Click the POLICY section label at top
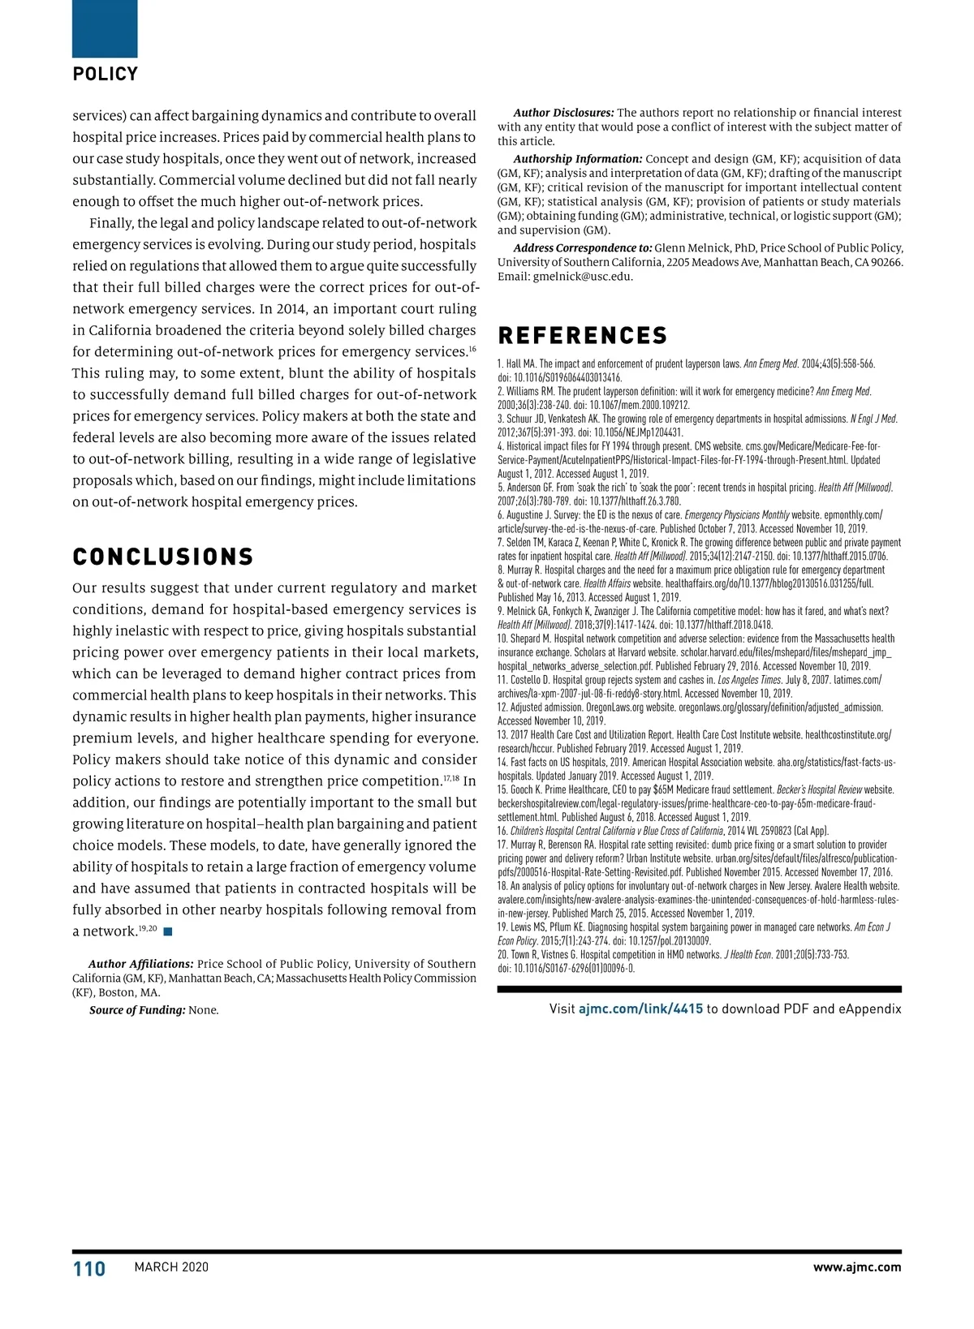tap(106, 74)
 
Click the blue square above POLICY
tap(105, 29)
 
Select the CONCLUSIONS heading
tap(163, 557)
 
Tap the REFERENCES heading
tap(583, 336)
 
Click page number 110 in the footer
tap(89, 1269)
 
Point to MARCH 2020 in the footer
tap(171, 1267)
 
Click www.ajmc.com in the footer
tap(856, 1267)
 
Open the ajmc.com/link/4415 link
tap(640, 1009)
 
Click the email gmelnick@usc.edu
tap(582, 277)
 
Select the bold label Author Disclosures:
tap(563, 113)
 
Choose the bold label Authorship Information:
tap(577, 159)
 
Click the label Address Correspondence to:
tap(582, 248)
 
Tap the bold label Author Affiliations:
tap(141, 964)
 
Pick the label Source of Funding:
tap(137, 1010)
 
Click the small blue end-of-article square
tap(168, 931)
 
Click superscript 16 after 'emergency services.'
tap(472, 349)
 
